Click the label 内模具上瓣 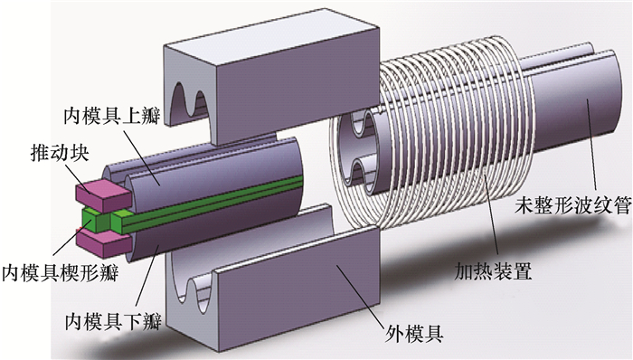pyautogui.click(x=112, y=116)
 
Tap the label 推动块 pyautogui.click(x=60, y=153)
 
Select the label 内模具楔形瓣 pyautogui.click(x=61, y=273)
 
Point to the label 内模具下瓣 pyautogui.click(x=113, y=321)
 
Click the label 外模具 pyautogui.click(x=414, y=334)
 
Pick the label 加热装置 pyautogui.click(x=493, y=271)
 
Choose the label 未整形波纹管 pyautogui.click(x=573, y=206)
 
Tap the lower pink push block pyautogui.click(x=104, y=242)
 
